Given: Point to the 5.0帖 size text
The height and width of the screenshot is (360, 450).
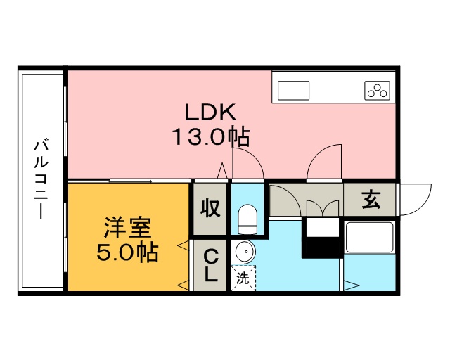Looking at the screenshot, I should pyautogui.click(x=127, y=252).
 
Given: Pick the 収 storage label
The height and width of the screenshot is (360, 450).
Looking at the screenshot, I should pyautogui.click(x=210, y=208).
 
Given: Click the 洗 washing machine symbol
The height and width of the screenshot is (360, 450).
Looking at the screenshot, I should pyautogui.click(x=243, y=277).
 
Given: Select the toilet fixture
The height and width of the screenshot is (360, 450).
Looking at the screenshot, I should pyautogui.click(x=247, y=219).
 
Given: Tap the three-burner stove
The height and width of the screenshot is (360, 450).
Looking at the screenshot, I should pyautogui.click(x=377, y=90).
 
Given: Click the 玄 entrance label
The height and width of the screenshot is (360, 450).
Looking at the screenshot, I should pyautogui.click(x=371, y=200).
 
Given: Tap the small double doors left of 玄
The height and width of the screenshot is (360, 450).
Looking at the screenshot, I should pyautogui.click(x=321, y=209).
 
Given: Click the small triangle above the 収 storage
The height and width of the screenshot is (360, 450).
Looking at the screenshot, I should pyautogui.click(x=223, y=171).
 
